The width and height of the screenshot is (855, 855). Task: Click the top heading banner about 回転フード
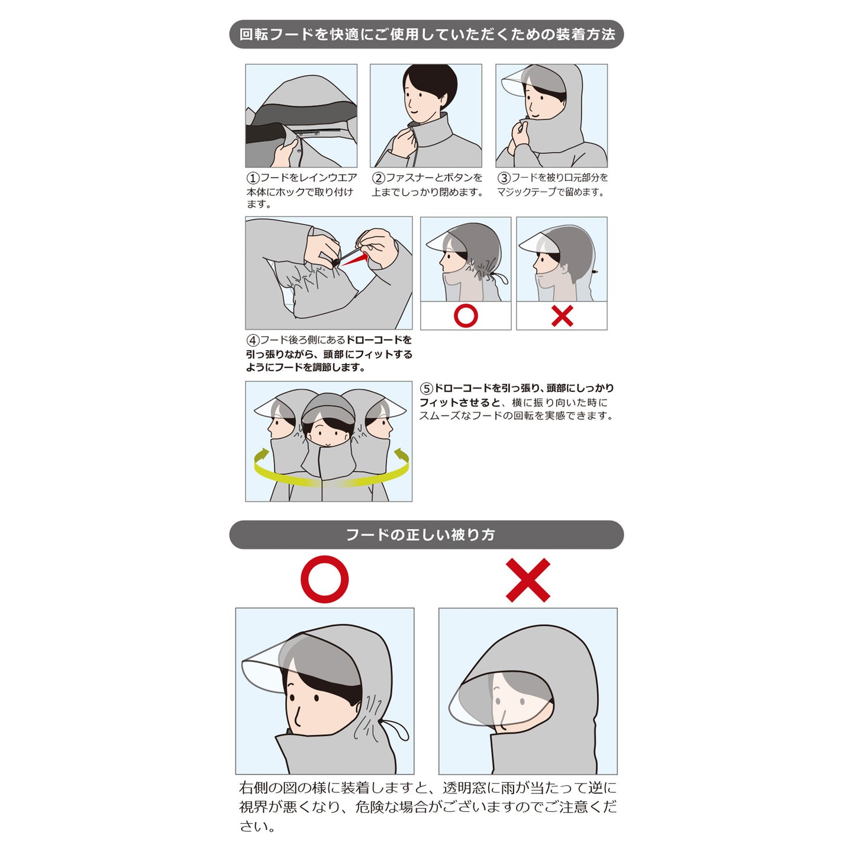pos(426,34)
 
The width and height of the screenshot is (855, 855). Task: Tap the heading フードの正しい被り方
pos(420,535)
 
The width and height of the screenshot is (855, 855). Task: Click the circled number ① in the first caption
pos(253,178)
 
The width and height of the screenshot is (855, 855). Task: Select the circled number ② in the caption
pos(378,178)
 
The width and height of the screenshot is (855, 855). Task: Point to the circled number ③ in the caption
pos(504,178)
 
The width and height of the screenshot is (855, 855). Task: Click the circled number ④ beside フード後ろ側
pos(253,341)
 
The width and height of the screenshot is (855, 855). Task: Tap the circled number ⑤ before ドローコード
pos(427,389)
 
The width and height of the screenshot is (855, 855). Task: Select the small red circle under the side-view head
pos(466,316)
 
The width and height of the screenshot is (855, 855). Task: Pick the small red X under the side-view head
pos(562,316)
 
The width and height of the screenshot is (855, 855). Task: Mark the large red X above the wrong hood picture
pos(528,580)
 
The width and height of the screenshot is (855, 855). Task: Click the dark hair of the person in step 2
pos(430,84)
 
